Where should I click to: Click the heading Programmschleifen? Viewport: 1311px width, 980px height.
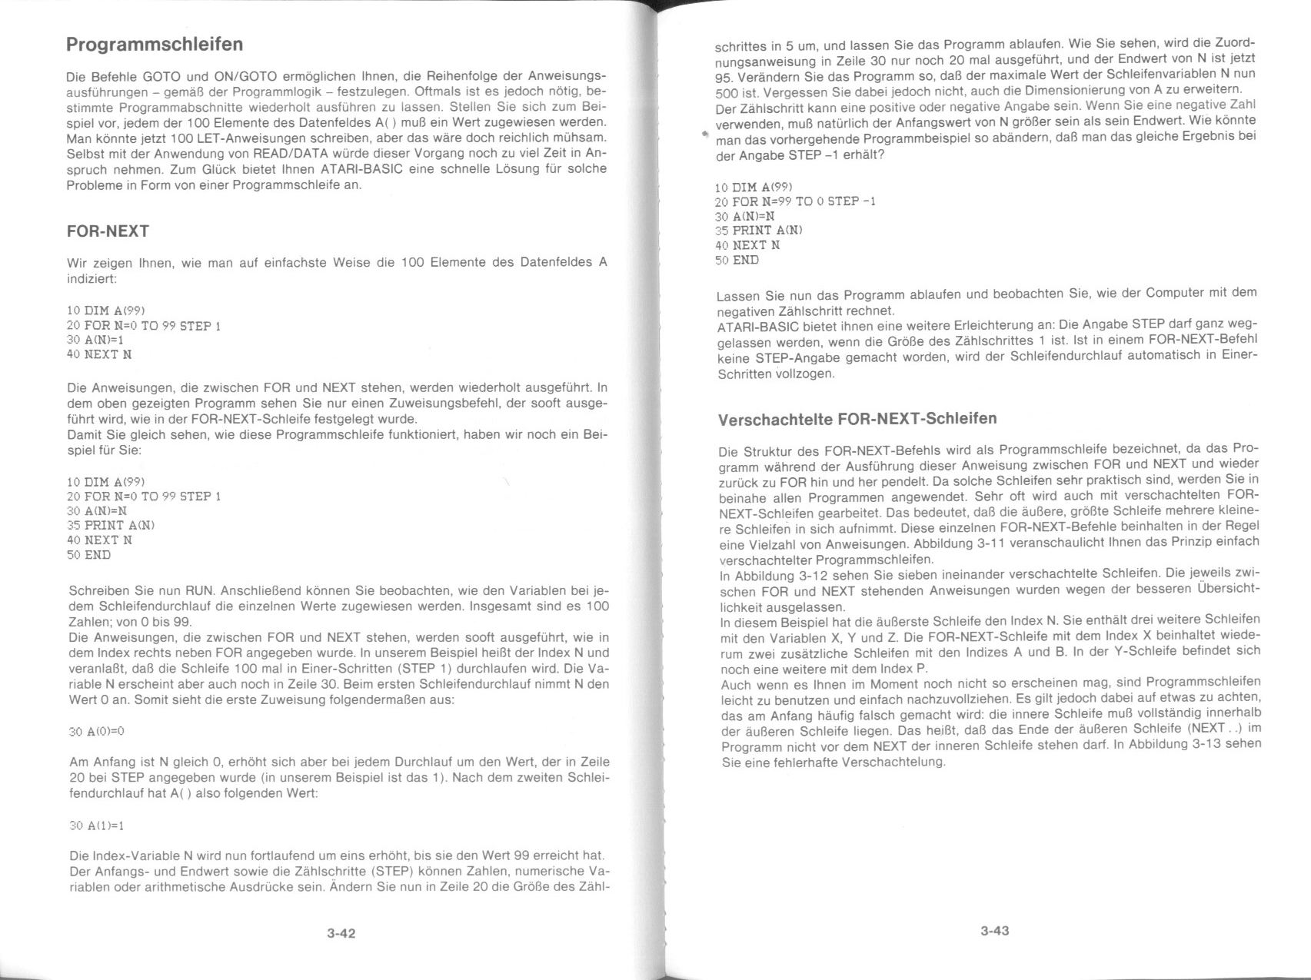pyautogui.click(x=155, y=45)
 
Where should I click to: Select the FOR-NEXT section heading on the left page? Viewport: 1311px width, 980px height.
pyautogui.click(x=108, y=231)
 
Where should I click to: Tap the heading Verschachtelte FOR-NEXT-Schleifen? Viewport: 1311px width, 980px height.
pyautogui.click(x=857, y=419)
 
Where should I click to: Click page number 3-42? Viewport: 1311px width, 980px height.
pyautogui.click(x=341, y=934)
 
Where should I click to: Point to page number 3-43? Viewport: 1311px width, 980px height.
pyautogui.click(x=994, y=931)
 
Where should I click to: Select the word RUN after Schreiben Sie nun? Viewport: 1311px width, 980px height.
pyautogui.click(x=199, y=591)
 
